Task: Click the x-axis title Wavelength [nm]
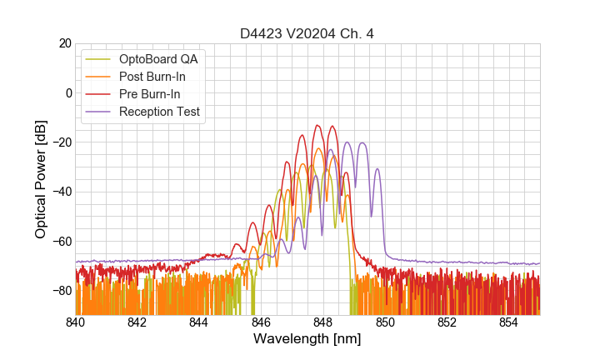coord(307,339)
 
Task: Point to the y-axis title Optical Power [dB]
coord(40,178)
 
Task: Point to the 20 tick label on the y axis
coord(63,43)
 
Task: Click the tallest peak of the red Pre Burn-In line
coord(317,126)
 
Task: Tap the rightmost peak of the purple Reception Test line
coord(377,169)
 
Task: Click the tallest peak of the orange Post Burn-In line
coord(317,149)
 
